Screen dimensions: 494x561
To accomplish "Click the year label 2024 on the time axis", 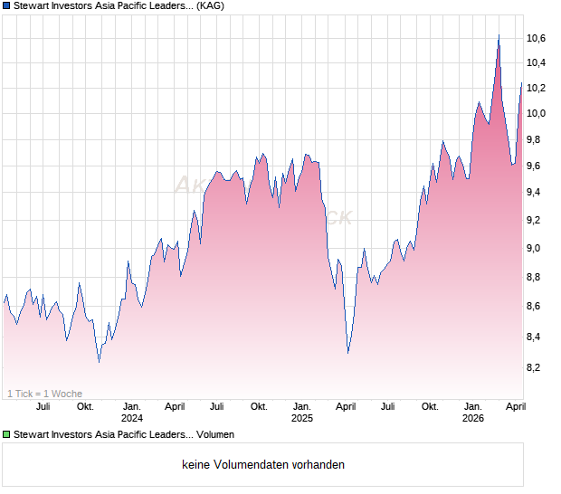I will coord(132,418).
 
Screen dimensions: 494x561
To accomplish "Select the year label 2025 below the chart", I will coord(302,418).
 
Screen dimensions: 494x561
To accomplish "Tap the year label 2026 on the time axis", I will coord(473,418).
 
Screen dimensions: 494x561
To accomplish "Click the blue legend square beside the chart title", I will coord(6,6).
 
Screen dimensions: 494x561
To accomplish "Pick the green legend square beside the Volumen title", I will coord(6,435).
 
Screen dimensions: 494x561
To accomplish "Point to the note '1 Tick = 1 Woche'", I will coord(44,394).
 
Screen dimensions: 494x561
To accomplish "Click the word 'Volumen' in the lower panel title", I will coord(215,435).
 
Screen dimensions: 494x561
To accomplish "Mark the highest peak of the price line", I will coord(499,35).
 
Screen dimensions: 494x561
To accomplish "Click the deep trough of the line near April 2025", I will coord(347,353).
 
